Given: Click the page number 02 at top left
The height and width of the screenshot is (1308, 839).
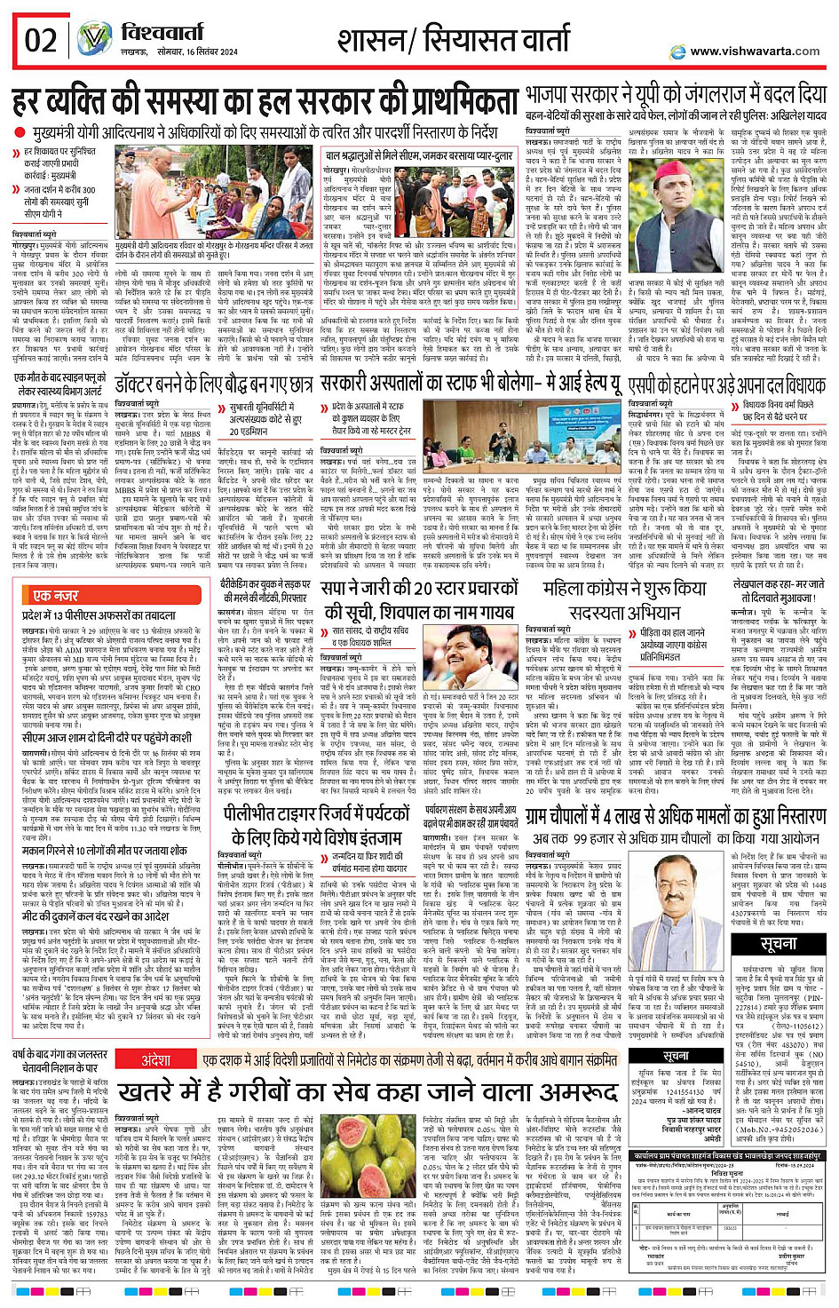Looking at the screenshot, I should click(41, 41).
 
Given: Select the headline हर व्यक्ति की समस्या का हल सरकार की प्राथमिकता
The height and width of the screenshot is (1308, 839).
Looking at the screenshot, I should click(265, 101).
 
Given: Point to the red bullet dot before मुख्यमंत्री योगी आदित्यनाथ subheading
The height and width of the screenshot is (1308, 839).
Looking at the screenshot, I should click(20, 132).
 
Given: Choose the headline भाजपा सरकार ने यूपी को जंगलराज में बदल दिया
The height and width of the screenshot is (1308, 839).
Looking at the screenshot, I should click(675, 94).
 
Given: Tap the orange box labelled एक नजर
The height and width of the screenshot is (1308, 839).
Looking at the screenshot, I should click(55, 595).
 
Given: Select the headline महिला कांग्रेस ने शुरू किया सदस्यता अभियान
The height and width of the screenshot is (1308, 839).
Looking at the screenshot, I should click(625, 599).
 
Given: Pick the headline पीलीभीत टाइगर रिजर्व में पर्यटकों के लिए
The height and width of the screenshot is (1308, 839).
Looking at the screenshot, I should click(315, 825).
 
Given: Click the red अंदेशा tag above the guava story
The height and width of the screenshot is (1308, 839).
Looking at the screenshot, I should click(156, 1060).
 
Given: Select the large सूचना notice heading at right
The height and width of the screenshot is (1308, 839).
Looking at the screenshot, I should click(779, 943).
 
